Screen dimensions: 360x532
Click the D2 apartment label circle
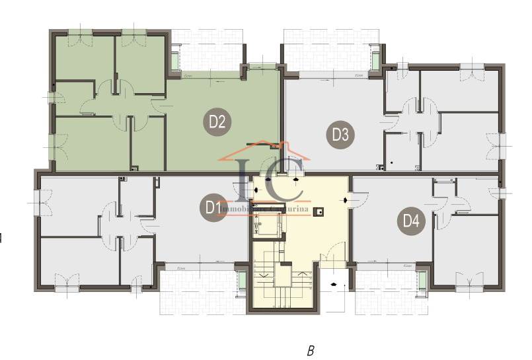pyautogui.click(x=218, y=122)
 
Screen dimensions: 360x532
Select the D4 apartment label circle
pyautogui.click(x=411, y=221)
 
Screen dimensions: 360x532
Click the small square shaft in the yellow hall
pyautogui.click(x=319, y=212)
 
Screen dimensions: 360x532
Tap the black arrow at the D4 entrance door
pyautogui.click(x=346, y=199)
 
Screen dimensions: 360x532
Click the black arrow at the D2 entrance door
pyautogui.click(x=268, y=179)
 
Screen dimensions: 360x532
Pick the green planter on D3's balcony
pyautogui.click(x=375, y=59)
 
